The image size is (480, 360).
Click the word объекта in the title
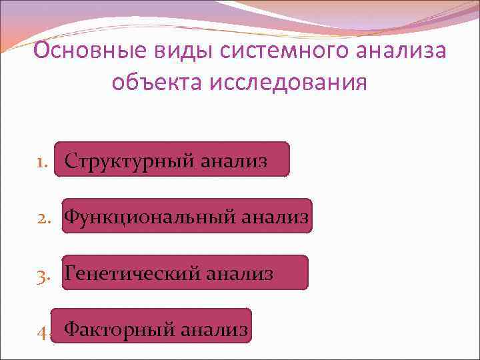[x=156, y=83]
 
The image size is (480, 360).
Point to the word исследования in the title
[x=287, y=83]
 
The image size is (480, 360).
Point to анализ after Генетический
[x=239, y=273]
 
